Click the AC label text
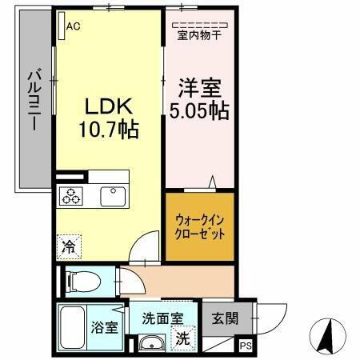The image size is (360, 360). click(x=74, y=26)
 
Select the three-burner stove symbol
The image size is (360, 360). click(x=70, y=195)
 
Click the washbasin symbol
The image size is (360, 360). click(x=149, y=344)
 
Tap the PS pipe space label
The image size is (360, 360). click(x=246, y=346)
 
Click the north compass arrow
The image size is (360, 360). click(x=326, y=336)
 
